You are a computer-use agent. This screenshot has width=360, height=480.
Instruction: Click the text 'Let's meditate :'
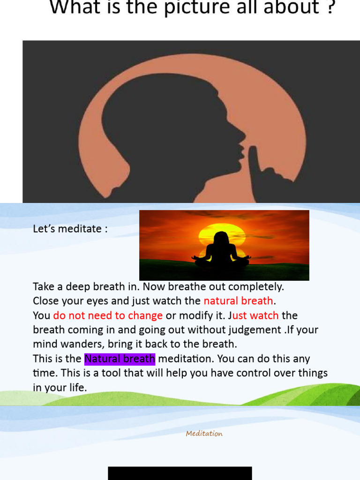tap(70, 229)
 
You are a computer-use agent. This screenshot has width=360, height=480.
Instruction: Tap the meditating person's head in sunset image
tap(221, 238)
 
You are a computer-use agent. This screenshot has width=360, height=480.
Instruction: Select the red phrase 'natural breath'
tap(238, 300)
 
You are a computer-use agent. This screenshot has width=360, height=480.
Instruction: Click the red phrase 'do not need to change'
tap(108, 315)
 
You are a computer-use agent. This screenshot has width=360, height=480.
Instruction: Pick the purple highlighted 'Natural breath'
tap(120, 359)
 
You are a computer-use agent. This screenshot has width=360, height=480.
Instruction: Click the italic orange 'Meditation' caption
tap(204, 434)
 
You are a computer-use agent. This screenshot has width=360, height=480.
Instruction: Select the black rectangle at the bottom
tap(180, 473)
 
